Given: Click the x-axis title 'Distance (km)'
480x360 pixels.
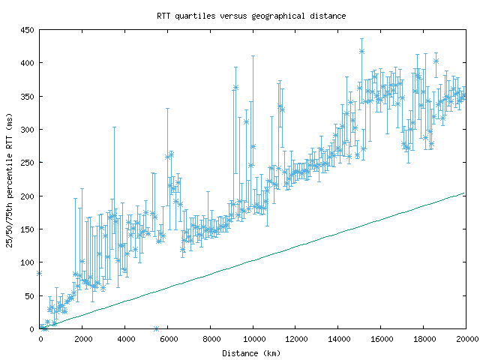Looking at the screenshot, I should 252,352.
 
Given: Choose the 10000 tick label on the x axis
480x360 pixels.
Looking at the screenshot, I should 253,339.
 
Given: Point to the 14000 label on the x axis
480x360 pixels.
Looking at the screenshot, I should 338,339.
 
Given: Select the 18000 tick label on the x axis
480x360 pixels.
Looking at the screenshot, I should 424,339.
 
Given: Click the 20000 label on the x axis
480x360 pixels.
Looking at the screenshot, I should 465,339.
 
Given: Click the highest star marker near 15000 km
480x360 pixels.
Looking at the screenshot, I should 361,51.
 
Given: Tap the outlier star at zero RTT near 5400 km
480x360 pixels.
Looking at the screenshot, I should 156,328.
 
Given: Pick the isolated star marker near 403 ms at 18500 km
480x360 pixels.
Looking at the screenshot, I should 436,61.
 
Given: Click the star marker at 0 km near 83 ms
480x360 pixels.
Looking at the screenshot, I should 39,273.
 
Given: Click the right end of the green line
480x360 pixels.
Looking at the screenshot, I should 466,193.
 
